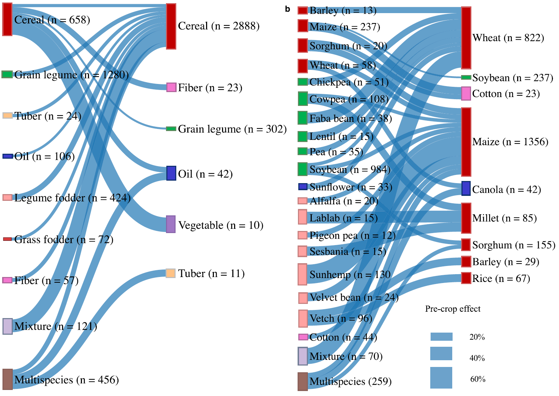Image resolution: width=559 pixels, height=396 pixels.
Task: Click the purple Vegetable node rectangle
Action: point(171,224)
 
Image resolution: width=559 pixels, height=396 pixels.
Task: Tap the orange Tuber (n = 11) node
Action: point(171,273)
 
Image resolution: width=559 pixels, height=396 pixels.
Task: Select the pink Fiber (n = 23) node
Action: point(171,87)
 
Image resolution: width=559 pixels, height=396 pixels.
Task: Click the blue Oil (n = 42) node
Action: point(171,173)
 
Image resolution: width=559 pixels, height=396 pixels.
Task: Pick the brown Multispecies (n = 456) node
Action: point(7,379)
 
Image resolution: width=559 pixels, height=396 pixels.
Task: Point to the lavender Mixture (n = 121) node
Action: point(7,326)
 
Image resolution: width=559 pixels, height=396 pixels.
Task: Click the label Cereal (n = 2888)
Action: point(218,26)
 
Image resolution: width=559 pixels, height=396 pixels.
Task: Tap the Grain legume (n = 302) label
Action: point(232,129)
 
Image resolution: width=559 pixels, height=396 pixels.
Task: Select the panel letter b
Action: point(287,9)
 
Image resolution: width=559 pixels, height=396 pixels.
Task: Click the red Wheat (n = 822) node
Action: point(466,38)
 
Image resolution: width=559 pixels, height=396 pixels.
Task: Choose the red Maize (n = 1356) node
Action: point(466,142)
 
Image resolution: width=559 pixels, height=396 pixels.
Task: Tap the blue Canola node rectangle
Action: point(466,188)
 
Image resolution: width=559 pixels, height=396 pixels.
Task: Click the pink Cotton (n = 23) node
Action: point(466,94)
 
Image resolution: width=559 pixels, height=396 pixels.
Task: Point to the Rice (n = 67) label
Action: point(501,278)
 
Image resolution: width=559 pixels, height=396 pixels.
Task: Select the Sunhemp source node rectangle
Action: point(302,274)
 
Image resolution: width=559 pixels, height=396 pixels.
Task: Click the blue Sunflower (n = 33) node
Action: point(303,186)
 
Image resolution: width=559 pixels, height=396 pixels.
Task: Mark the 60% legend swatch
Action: point(441,378)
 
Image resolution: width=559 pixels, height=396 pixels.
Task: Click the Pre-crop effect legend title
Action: point(453,309)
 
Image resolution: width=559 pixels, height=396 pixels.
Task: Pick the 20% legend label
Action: point(477,337)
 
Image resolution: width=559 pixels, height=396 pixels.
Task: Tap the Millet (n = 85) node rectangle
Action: point(466,218)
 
